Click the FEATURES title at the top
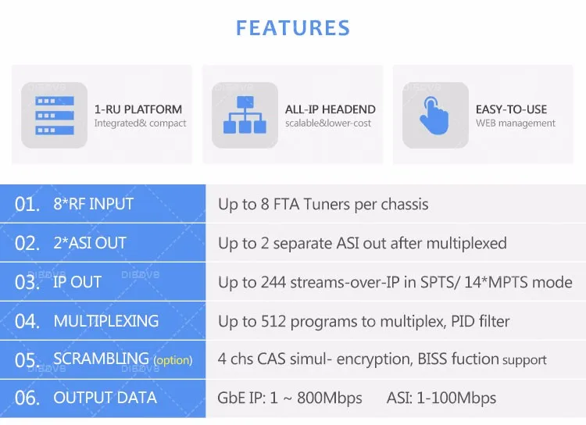coord(293,28)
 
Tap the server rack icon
coord(55,115)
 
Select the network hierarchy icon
coord(245,115)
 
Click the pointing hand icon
coord(434,116)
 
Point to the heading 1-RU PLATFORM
coord(138,109)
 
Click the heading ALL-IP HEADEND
coord(331,109)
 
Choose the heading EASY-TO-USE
coord(511,109)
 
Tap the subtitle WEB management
coord(516,123)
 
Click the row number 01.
coord(27,205)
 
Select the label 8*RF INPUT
coord(94,204)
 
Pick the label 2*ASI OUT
coord(90,243)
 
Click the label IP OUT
coord(77,282)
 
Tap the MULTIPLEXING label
coord(106,321)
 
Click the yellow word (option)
coord(173,360)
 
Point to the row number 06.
coord(27,398)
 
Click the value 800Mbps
coord(330,398)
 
